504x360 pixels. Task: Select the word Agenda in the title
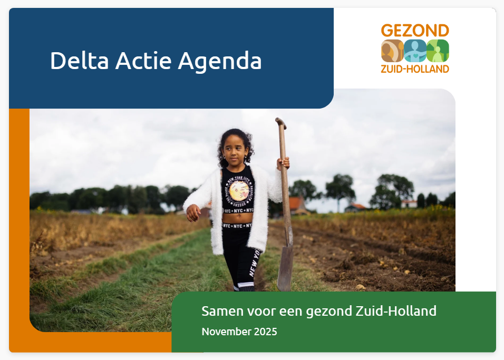219,61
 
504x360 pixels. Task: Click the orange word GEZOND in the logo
415,31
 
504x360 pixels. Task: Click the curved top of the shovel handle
280,123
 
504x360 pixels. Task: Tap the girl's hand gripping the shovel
284,163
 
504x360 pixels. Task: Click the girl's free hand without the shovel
193,212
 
